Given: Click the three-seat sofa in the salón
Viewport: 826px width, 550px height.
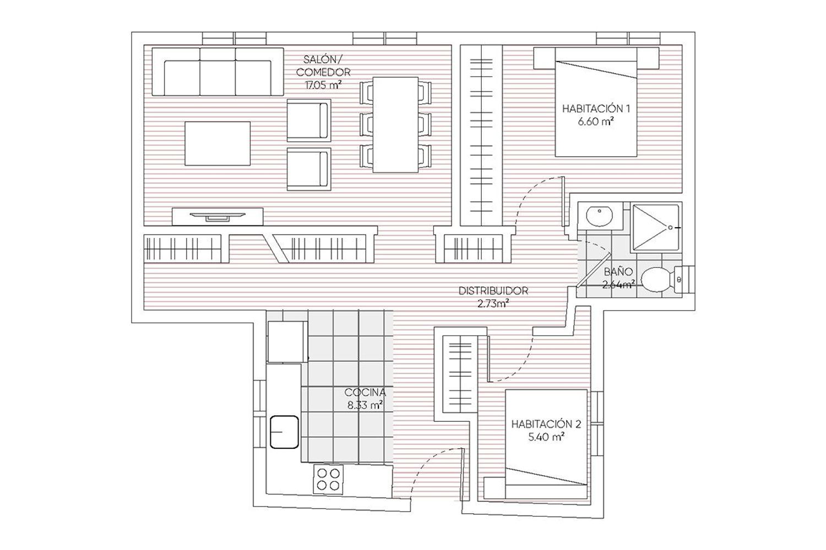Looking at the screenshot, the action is click(x=218, y=71).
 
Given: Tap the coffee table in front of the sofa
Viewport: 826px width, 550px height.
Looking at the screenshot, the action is click(x=218, y=144).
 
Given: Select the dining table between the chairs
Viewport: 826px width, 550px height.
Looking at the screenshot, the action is click(x=395, y=124).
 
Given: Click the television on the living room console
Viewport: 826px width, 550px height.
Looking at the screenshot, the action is click(x=217, y=216).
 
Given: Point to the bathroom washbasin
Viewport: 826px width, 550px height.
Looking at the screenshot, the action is click(x=600, y=216).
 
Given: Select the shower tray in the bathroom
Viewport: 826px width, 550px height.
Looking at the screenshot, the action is click(x=656, y=227).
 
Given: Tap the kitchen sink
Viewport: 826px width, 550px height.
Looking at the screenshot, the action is click(x=284, y=432).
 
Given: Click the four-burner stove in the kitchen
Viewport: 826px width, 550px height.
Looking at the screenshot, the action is click(x=328, y=479).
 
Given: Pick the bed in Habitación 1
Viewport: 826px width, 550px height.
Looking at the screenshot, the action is click(x=596, y=102).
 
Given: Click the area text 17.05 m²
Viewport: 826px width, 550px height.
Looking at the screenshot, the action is click(x=323, y=85).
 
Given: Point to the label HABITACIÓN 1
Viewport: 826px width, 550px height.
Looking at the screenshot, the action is click(x=596, y=109).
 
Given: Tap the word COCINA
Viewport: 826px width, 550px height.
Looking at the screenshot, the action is click(x=365, y=392).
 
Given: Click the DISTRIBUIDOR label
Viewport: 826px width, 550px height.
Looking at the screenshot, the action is click(x=493, y=290).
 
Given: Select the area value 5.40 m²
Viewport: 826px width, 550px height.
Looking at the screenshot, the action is click(x=546, y=437).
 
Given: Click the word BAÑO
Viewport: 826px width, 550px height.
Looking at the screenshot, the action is click(x=618, y=272).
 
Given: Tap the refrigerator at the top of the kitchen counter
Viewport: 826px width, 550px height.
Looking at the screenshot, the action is click(x=287, y=342).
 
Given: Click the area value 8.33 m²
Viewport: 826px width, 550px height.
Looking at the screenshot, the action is click(x=365, y=405).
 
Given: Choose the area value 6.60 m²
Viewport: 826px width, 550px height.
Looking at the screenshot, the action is click(x=596, y=122).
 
